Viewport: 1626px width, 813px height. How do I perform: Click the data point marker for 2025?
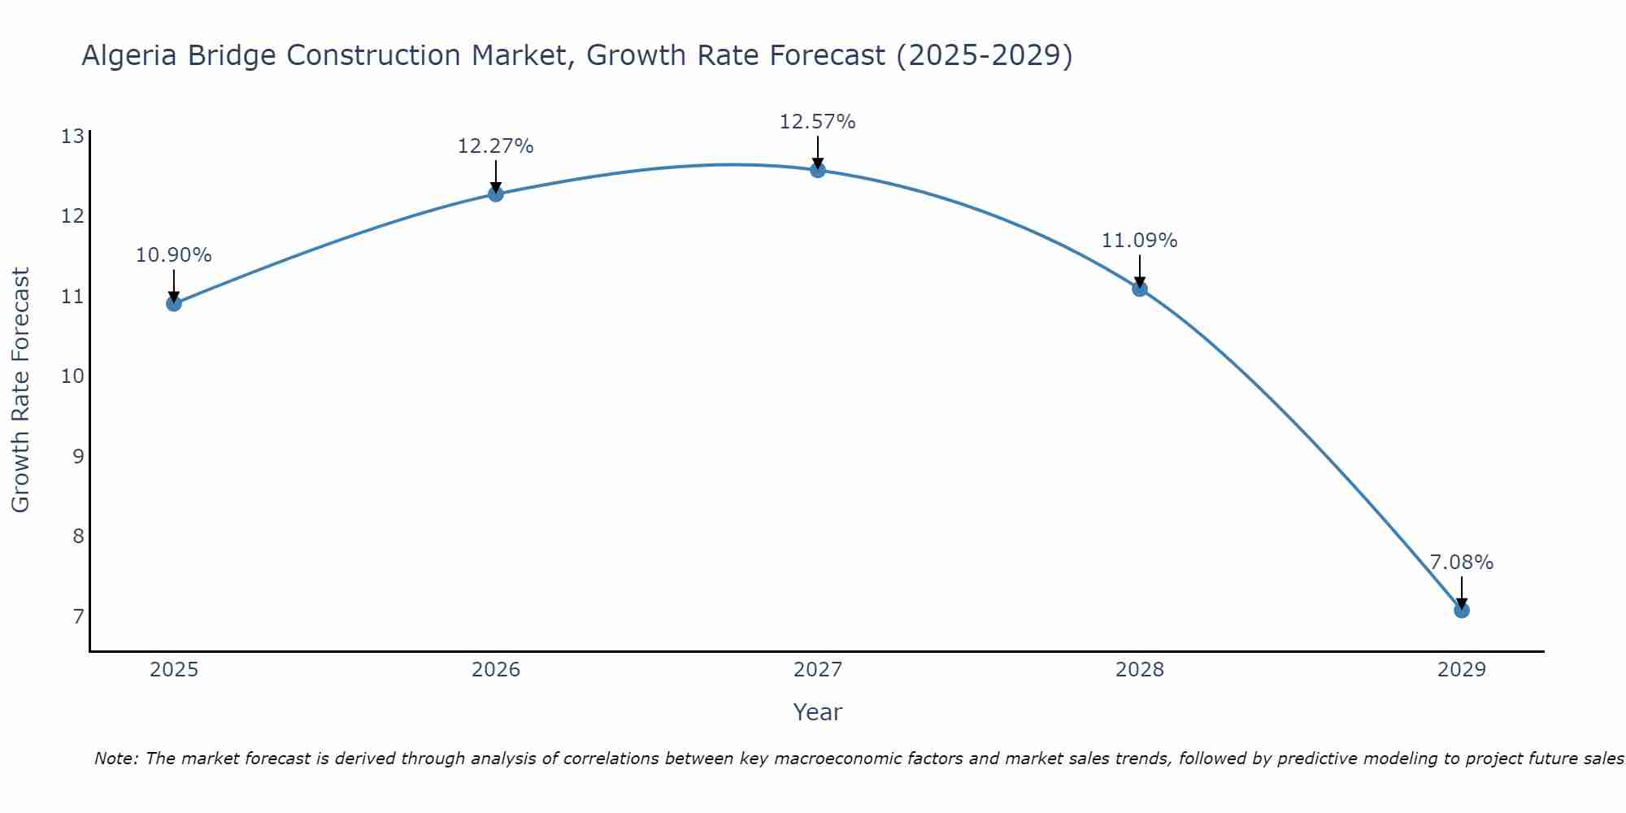pyautogui.click(x=174, y=303)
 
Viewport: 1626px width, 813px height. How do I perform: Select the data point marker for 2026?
pyautogui.click(x=496, y=193)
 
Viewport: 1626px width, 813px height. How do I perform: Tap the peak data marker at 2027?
pyautogui.click(x=818, y=170)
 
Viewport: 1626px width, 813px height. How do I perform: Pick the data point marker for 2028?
pyautogui.click(x=1140, y=289)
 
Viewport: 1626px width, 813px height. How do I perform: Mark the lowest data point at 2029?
pyautogui.click(x=1462, y=610)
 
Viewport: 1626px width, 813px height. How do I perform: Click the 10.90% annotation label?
pyautogui.click(x=174, y=255)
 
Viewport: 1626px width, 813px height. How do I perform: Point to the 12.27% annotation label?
pyautogui.click(x=496, y=146)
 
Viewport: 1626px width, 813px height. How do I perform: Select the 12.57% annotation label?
pyautogui.click(x=818, y=122)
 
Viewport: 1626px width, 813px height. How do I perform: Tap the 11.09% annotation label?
pyautogui.click(x=1140, y=241)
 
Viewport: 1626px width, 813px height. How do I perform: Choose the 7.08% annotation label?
pyautogui.click(x=1462, y=563)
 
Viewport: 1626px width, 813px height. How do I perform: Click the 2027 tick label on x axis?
pyautogui.click(x=818, y=670)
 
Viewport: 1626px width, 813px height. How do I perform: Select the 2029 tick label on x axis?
pyautogui.click(x=1462, y=670)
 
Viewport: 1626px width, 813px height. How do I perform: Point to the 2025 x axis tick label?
pyautogui.click(x=174, y=670)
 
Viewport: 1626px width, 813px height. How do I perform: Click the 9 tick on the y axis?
pyautogui.click(x=78, y=456)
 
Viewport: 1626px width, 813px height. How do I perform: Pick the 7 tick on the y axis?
pyautogui.click(x=78, y=616)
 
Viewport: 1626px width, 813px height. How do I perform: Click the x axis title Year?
pyautogui.click(x=818, y=712)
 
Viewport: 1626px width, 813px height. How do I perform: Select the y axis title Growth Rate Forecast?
pyautogui.click(x=21, y=390)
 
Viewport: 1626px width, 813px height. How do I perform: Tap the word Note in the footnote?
pyautogui.click(x=116, y=759)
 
